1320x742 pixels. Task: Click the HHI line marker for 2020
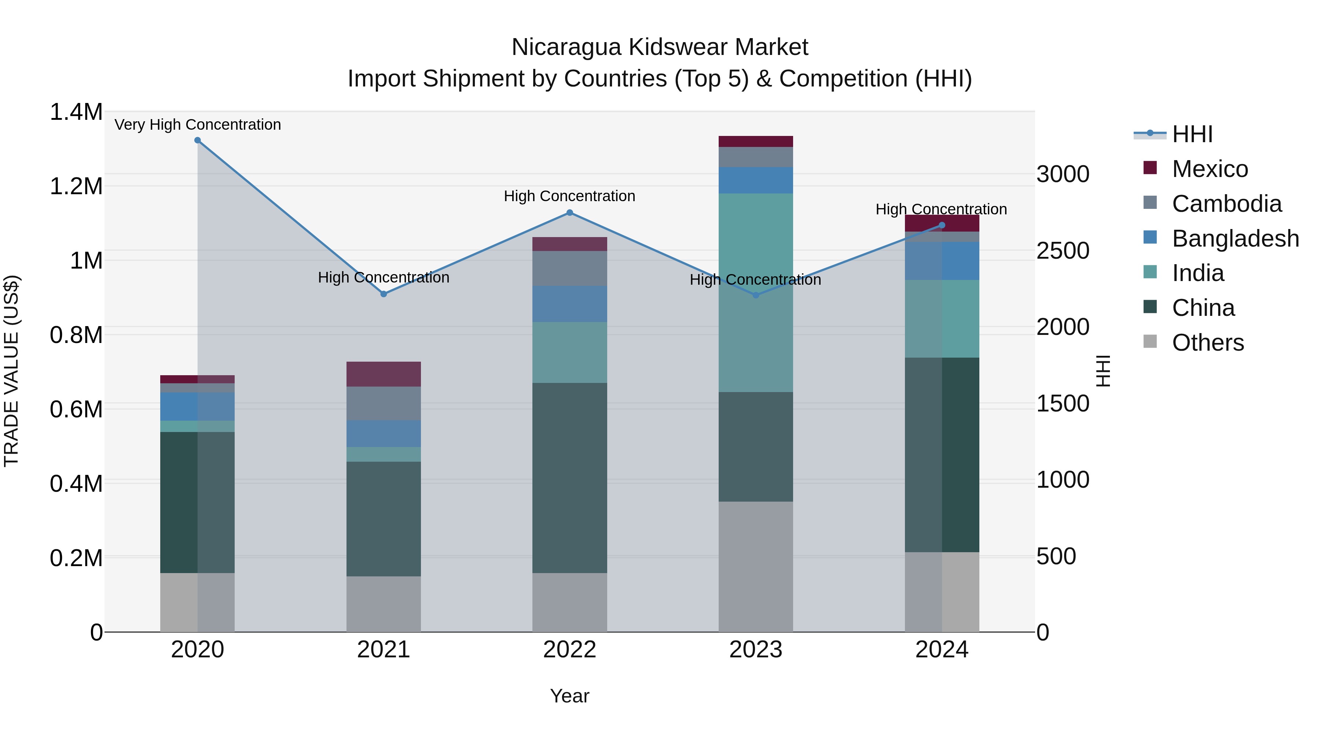tap(197, 140)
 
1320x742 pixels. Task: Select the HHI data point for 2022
tap(569, 213)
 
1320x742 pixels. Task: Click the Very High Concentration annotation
tap(197, 125)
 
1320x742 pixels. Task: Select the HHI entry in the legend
tap(1192, 134)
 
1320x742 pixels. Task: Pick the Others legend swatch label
tap(1207, 343)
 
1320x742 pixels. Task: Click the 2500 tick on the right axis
tap(1062, 251)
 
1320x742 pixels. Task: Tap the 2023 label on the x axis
tap(755, 650)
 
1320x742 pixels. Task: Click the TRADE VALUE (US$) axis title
tap(11, 371)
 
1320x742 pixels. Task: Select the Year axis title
tap(569, 696)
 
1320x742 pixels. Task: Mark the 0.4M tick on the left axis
tap(76, 483)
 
